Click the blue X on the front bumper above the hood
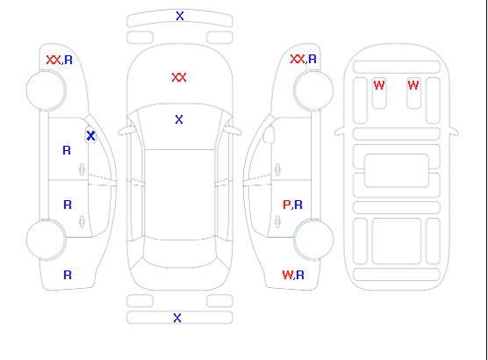pyautogui.click(x=180, y=16)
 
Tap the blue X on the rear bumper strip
pyautogui.click(x=177, y=318)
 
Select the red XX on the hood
pyautogui.click(x=179, y=77)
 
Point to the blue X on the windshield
pyautogui.click(x=179, y=119)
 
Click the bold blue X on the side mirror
pyautogui.click(x=90, y=135)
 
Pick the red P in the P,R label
pyautogui.click(x=286, y=205)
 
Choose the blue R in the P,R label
pyautogui.click(x=298, y=205)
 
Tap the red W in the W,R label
pyautogui.click(x=287, y=275)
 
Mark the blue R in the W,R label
pyautogui.click(x=300, y=275)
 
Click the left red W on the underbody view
pyautogui.click(x=379, y=85)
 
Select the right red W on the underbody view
pyautogui.click(x=413, y=85)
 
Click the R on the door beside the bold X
pyautogui.click(x=67, y=150)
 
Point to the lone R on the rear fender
pyautogui.click(x=68, y=275)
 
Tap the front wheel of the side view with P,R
pyautogui.click(x=313, y=90)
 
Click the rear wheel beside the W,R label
pyautogui.click(x=313, y=239)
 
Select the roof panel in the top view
pyautogui.click(x=180, y=195)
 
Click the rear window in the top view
pyautogui.click(x=180, y=253)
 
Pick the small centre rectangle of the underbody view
pyautogui.click(x=397, y=170)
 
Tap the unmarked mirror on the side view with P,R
pyautogui.click(x=269, y=134)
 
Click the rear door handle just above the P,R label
pyautogui.click(x=277, y=169)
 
